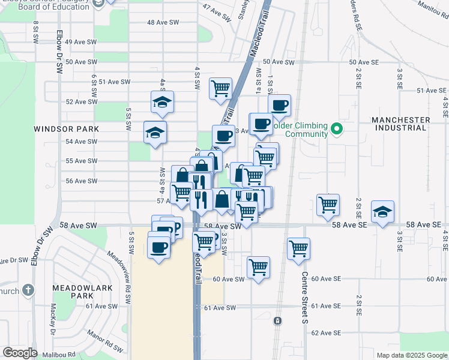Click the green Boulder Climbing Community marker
click(337, 128)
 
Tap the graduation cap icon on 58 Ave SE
click(382, 212)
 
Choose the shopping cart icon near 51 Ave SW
click(220, 88)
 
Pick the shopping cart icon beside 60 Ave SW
click(258, 266)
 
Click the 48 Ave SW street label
click(163, 22)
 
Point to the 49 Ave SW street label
click(80, 42)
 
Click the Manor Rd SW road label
click(104, 340)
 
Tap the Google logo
click(20, 353)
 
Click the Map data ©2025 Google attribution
click(411, 355)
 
